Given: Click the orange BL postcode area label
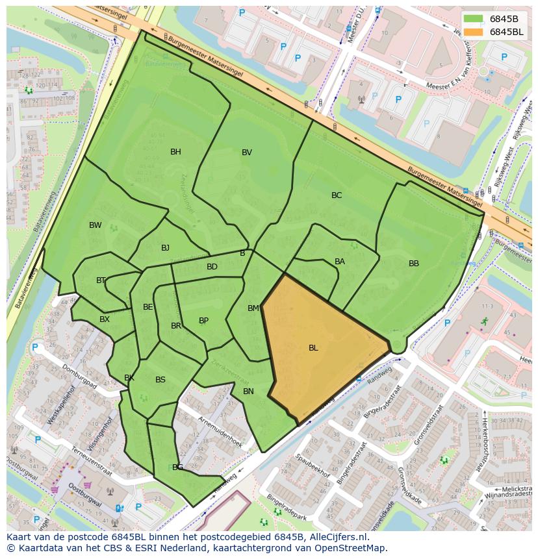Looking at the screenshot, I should pos(313,348).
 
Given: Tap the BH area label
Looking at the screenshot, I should pos(175,152).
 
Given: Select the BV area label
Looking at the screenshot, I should pos(247,153).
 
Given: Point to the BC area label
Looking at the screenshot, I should pos(337,195).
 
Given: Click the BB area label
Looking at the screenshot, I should pos(414,264).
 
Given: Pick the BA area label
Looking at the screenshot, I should pos(340,262).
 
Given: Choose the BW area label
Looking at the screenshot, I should pos(96,225).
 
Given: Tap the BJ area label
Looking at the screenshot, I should pos(165,248).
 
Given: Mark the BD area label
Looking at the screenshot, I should pos(212,267).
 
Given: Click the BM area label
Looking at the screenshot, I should pos(253,308).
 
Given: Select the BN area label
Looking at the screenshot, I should pos(248,391).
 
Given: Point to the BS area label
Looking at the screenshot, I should pos(160,380).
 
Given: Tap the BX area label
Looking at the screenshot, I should pos(105,319).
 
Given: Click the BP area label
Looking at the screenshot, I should pos(203,321).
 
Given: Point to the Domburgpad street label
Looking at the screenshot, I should pos(79,377).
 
